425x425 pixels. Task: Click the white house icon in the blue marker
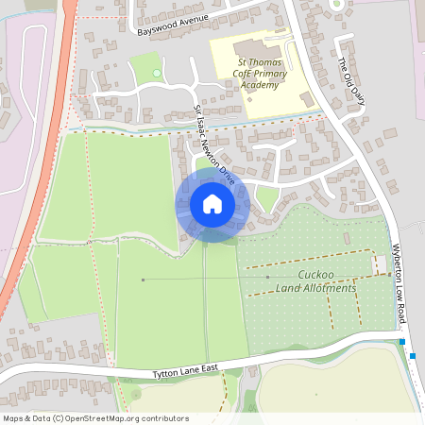tap(212, 204)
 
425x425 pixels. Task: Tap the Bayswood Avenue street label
tap(171, 25)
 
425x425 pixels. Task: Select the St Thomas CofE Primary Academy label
tap(259, 73)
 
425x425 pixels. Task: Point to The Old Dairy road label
tap(349, 73)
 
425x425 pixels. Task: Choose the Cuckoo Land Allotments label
tap(314, 281)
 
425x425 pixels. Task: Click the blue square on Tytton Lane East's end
tap(401, 342)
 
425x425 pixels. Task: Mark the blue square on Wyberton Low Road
tap(413, 355)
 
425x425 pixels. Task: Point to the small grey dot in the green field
tap(144, 280)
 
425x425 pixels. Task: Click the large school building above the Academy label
tap(251, 48)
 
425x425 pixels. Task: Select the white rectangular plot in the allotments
tap(380, 265)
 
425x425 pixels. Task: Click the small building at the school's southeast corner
tap(305, 97)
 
